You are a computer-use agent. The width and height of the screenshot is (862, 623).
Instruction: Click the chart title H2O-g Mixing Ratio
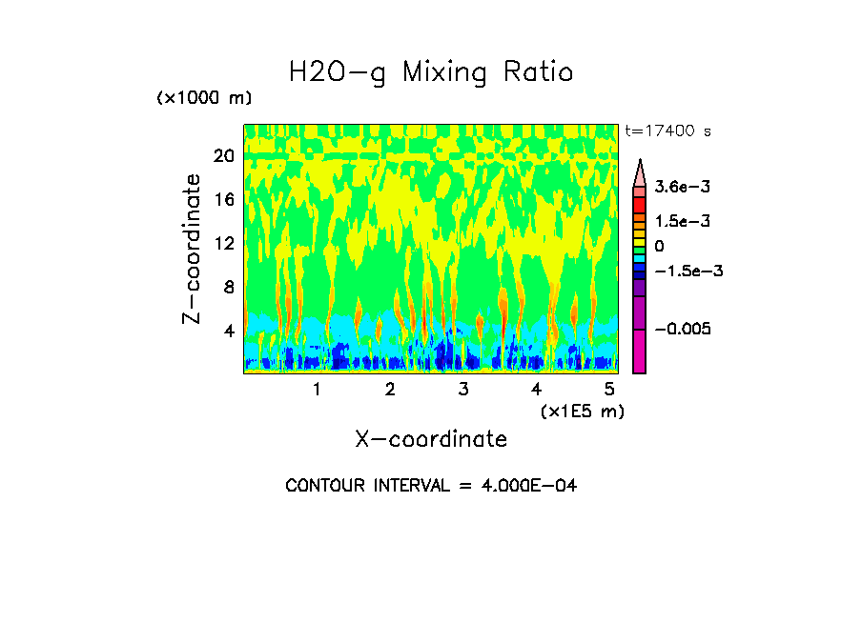click(x=431, y=72)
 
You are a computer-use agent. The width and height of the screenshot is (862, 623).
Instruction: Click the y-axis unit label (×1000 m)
click(x=203, y=99)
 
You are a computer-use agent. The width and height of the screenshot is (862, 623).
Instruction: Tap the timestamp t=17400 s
click(x=667, y=131)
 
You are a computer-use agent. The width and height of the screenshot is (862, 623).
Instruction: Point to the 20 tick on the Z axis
click(x=223, y=156)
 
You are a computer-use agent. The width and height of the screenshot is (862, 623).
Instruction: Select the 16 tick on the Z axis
click(x=223, y=200)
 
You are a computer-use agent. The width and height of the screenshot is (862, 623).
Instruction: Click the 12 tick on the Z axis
click(x=223, y=244)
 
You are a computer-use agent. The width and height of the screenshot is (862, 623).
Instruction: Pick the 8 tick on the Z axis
click(x=228, y=288)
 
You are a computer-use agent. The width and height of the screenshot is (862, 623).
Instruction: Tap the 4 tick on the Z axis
click(x=228, y=332)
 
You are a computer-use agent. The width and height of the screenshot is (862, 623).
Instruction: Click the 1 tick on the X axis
click(x=317, y=389)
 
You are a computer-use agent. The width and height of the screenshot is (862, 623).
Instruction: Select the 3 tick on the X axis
click(x=463, y=389)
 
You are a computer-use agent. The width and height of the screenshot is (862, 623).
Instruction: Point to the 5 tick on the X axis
click(x=610, y=389)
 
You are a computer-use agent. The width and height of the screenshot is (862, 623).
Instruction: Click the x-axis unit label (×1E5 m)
click(x=582, y=412)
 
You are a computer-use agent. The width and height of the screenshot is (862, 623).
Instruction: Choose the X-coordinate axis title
click(x=431, y=439)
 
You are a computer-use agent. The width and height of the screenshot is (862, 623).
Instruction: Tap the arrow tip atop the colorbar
click(x=640, y=162)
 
